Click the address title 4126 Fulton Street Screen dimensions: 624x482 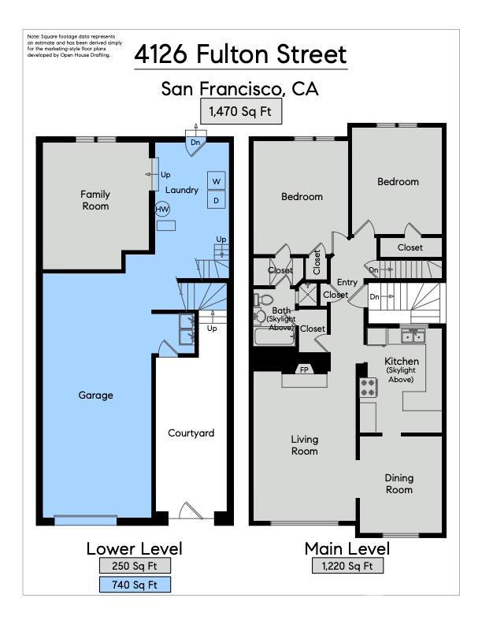(240, 54)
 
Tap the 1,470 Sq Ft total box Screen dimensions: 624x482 (240, 112)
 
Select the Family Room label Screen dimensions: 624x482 (95, 200)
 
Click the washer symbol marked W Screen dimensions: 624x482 (216, 181)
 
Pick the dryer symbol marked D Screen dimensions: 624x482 (216, 201)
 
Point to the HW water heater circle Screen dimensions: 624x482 (162, 210)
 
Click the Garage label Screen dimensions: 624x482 (95, 395)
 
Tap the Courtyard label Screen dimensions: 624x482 (191, 433)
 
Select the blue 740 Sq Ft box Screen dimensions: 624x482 (135, 585)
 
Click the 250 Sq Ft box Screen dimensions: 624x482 (135, 566)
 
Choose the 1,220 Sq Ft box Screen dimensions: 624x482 (347, 566)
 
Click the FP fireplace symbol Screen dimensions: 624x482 (304, 370)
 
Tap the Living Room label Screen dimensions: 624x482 (304, 445)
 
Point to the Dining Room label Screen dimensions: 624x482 (399, 484)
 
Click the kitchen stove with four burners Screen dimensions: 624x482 (368, 387)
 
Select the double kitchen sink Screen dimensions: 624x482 (412, 336)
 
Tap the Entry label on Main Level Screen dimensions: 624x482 (347, 282)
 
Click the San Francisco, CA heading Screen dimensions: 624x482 (240, 88)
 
